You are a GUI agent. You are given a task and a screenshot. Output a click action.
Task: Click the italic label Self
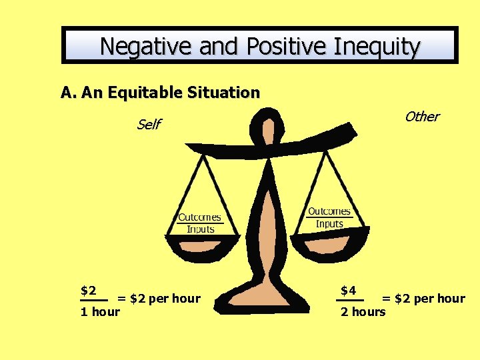tap(148, 125)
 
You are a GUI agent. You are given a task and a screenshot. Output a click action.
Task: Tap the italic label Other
tap(421, 117)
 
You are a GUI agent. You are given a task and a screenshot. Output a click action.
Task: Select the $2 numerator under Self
tap(89, 291)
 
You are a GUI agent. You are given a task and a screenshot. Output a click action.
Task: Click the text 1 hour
tap(100, 311)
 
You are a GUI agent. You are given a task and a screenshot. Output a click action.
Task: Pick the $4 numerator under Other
tap(349, 291)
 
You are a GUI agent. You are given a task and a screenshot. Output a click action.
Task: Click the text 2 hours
tap(363, 311)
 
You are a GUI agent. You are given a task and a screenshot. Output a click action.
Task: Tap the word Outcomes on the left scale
tap(199, 217)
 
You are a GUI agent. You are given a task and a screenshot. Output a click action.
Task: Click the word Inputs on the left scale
tap(200, 229)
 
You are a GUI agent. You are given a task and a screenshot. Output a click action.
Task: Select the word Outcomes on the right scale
tap(329, 212)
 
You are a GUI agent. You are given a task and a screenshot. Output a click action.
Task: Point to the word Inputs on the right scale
tap(329, 224)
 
